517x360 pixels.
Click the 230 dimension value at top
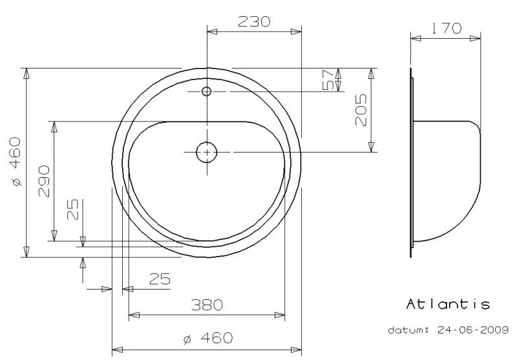(x=253, y=21)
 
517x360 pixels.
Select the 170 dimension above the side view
(x=446, y=28)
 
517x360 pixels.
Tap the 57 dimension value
(x=328, y=79)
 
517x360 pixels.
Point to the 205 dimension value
(x=361, y=110)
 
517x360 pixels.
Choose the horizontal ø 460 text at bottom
(x=207, y=337)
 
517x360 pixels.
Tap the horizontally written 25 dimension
(x=160, y=279)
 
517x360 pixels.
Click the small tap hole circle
(x=207, y=91)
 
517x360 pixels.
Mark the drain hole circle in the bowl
(x=207, y=152)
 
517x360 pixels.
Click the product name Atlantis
(x=447, y=304)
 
